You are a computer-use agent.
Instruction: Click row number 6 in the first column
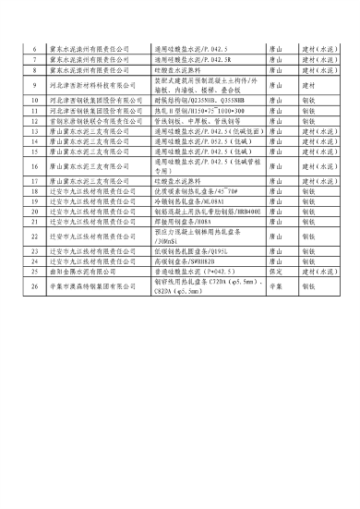point(34,45)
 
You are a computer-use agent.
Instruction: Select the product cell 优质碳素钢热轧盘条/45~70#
point(189,191)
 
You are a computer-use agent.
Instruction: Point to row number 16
point(34,166)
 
